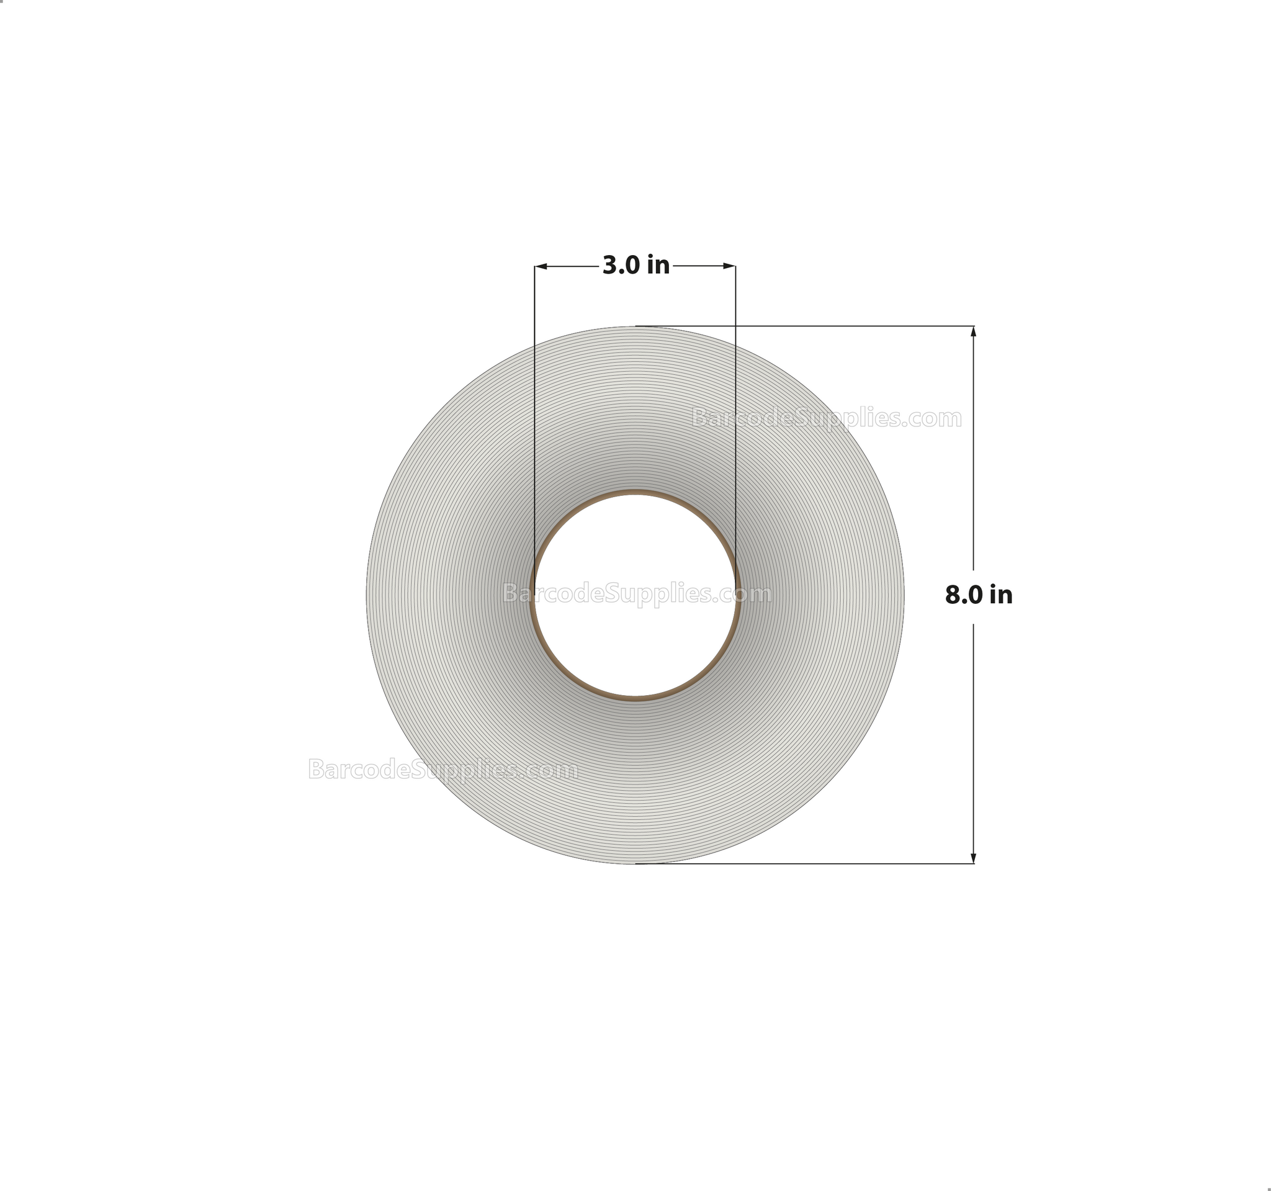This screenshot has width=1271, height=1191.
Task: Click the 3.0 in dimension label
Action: point(635,265)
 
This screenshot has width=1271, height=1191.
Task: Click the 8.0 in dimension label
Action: point(978,595)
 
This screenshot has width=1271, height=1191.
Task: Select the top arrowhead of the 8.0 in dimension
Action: point(973,331)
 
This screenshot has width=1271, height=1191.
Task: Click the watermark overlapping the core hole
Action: point(637,594)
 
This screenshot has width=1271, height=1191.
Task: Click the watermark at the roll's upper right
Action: point(826,418)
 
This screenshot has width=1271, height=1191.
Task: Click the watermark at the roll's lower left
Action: point(442,769)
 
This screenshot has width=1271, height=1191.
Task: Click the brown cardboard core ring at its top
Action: point(635,493)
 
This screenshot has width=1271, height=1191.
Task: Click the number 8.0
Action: point(963,595)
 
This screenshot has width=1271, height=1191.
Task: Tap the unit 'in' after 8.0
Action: point(1000,595)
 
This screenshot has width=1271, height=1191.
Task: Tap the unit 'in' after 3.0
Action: point(658,265)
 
